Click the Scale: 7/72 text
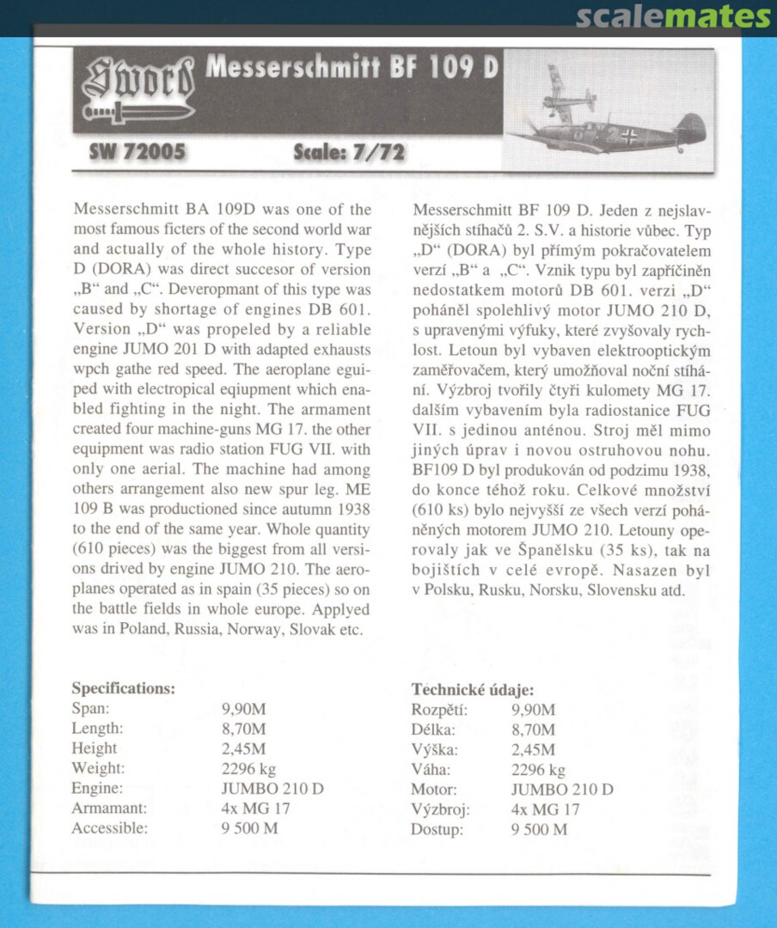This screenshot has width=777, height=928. (x=349, y=154)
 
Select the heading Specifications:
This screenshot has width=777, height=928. (x=124, y=688)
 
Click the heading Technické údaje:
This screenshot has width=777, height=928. (x=473, y=689)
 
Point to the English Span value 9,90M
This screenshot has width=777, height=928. (x=243, y=709)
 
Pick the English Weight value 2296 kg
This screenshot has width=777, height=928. (x=248, y=768)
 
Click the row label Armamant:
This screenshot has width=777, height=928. (x=109, y=809)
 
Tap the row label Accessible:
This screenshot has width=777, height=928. (x=109, y=828)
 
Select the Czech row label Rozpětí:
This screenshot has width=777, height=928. (x=439, y=710)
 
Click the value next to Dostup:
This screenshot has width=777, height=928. (x=539, y=829)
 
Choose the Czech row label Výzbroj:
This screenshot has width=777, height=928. (x=440, y=809)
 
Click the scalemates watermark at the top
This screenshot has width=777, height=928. (x=673, y=16)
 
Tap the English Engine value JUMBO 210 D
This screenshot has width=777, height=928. (x=272, y=789)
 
